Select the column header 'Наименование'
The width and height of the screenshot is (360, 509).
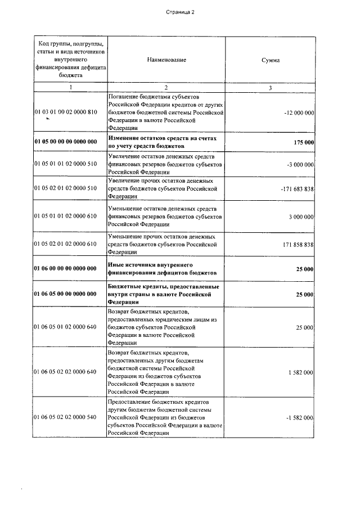click(x=166, y=59)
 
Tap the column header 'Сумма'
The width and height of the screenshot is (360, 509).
click(x=270, y=59)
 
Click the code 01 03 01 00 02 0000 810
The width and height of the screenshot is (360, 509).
click(x=66, y=112)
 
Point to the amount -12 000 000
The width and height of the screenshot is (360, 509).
click(x=299, y=112)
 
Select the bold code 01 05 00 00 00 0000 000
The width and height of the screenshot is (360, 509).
click(x=66, y=142)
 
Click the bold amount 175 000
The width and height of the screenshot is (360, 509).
click(x=304, y=142)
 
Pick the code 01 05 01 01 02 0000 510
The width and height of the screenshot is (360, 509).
click(x=66, y=164)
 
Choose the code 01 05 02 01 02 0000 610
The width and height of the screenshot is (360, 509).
click(x=66, y=245)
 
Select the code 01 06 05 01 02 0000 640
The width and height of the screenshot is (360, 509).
click(x=66, y=327)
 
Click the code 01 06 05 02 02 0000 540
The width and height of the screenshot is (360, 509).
click(x=66, y=418)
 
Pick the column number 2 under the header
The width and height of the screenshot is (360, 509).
click(x=166, y=87)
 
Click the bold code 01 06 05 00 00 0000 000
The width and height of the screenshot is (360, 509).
click(x=66, y=294)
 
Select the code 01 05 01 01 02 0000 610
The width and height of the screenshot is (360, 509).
click(x=66, y=216)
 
